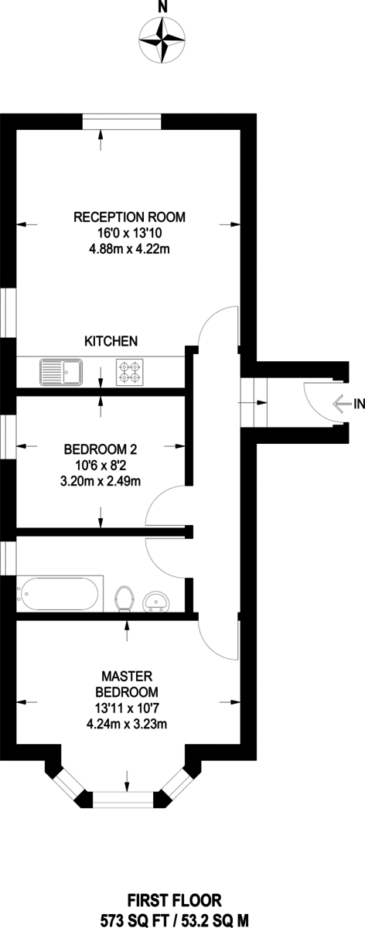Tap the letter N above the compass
click(162, 7)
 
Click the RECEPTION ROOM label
click(130, 217)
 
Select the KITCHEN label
click(111, 340)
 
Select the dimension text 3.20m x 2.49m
click(101, 479)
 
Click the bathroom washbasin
click(157, 600)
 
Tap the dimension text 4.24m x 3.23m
click(128, 725)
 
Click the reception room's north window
click(122, 122)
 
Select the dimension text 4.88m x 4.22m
click(130, 248)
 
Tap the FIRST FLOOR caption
click(184, 899)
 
